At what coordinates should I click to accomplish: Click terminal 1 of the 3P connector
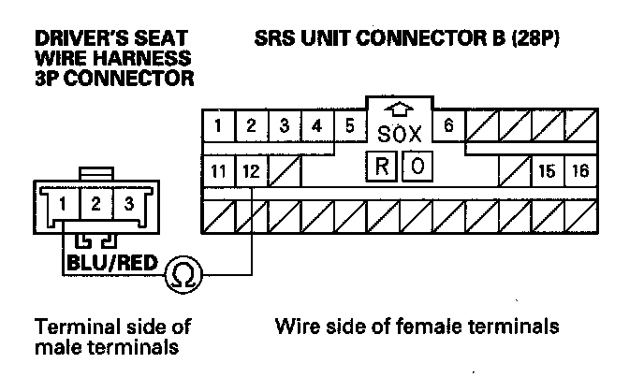click(x=62, y=203)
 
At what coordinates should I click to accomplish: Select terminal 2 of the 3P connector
click(x=95, y=203)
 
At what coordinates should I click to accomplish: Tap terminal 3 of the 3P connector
click(x=128, y=203)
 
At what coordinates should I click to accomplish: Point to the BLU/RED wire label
click(x=110, y=263)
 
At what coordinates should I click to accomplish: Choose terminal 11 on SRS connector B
click(x=219, y=171)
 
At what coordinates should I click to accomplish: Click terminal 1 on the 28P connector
click(x=218, y=125)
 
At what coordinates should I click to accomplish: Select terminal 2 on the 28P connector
click(x=251, y=125)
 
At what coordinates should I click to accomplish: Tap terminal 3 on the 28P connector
click(x=284, y=125)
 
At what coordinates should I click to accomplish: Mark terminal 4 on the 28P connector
click(x=316, y=125)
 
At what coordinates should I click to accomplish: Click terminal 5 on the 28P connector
click(x=349, y=125)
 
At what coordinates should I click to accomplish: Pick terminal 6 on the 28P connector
click(x=448, y=125)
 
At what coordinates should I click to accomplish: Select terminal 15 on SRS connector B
click(x=548, y=171)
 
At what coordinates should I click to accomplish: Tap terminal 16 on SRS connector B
click(x=580, y=171)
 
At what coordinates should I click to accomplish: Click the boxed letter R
click(x=382, y=167)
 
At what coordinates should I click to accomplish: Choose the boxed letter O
click(x=417, y=167)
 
